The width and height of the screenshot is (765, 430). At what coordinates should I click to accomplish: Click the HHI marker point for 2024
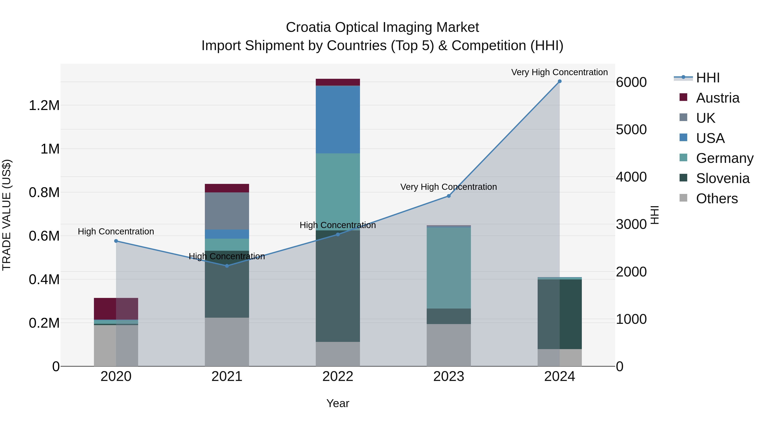click(x=560, y=81)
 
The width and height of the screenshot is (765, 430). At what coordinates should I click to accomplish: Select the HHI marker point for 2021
click(x=227, y=266)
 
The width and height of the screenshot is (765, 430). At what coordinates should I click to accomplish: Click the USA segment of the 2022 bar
click(x=338, y=119)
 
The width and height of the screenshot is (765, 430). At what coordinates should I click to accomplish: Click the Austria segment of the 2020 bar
click(x=116, y=309)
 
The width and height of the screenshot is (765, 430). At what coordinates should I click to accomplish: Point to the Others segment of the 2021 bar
click(x=227, y=342)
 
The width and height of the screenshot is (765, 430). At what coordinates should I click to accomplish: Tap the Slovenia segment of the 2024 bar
click(x=560, y=314)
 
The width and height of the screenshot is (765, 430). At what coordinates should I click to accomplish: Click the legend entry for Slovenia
click(x=722, y=178)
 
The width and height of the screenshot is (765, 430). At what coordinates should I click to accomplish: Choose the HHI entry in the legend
click(x=708, y=78)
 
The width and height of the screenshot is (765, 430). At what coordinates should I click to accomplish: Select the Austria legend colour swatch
click(x=683, y=97)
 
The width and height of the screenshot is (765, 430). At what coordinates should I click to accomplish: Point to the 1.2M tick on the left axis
click(x=44, y=106)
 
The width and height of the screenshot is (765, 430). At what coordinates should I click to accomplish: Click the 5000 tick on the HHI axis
click(x=631, y=130)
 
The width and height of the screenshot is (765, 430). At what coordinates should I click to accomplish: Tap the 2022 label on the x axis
click(x=338, y=376)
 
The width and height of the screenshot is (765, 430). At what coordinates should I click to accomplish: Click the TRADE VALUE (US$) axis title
click(x=7, y=215)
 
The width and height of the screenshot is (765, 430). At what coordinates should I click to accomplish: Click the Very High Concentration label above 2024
click(x=559, y=72)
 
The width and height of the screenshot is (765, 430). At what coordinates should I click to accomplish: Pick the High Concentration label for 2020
click(x=116, y=231)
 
